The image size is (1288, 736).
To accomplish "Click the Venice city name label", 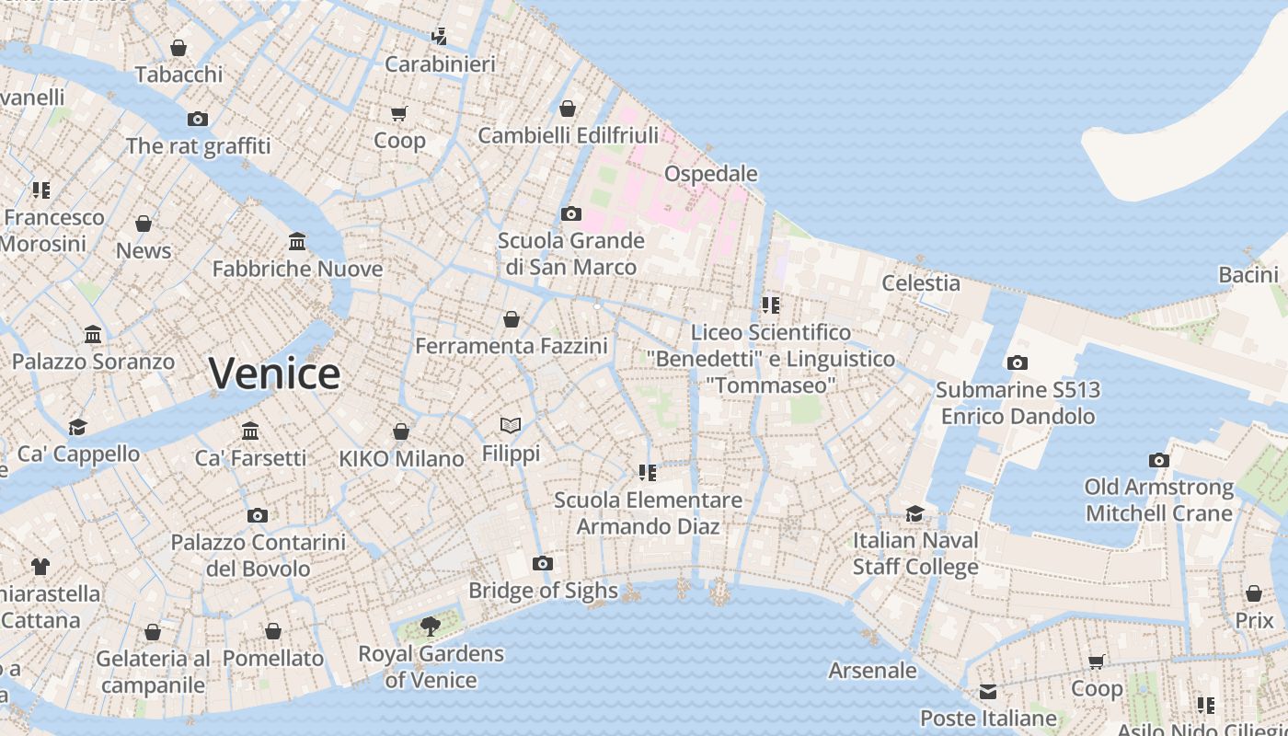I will pyautogui.click(x=274, y=373).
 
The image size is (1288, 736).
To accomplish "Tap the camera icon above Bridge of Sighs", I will pyautogui.click(x=543, y=563).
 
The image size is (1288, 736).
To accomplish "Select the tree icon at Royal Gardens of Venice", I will pyautogui.click(x=430, y=627).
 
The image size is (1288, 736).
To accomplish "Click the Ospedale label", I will pyautogui.click(x=710, y=173).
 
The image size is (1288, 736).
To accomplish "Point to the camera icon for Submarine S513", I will pyautogui.click(x=1017, y=362).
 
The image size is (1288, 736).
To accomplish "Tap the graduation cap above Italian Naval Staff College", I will pyautogui.click(x=914, y=513).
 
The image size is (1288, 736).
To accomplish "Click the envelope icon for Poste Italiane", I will pyautogui.click(x=988, y=691).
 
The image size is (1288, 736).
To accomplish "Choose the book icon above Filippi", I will pyautogui.click(x=511, y=425).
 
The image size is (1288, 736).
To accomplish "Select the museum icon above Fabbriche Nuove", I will pyautogui.click(x=297, y=241).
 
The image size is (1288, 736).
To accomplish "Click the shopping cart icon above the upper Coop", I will pyautogui.click(x=398, y=113).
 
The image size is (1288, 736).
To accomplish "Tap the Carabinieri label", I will pyautogui.click(x=440, y=63).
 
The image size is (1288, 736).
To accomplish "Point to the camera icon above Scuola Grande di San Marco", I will pyautogui.click(x=570, y=213).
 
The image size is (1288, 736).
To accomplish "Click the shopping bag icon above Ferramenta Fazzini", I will pyautogui.click(x=512, y=319).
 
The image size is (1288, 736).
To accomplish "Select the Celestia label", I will pyautogui.click(x=921, y=282).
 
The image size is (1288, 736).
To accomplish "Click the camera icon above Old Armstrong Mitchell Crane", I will pyautogui.click(x=1158, y=460).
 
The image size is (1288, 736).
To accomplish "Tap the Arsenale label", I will pyautogui.click(x=872, y=670).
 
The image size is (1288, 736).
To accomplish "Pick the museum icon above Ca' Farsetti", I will pyautogui.click(x=250, y=431).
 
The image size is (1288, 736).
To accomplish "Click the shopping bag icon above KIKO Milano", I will pyautogui.click(x=401, y=431).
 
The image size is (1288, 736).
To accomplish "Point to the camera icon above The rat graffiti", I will pyautogui.click(x=198, y=119).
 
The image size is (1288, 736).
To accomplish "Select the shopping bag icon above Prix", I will pyautogui.click(x=1254, y=593).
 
